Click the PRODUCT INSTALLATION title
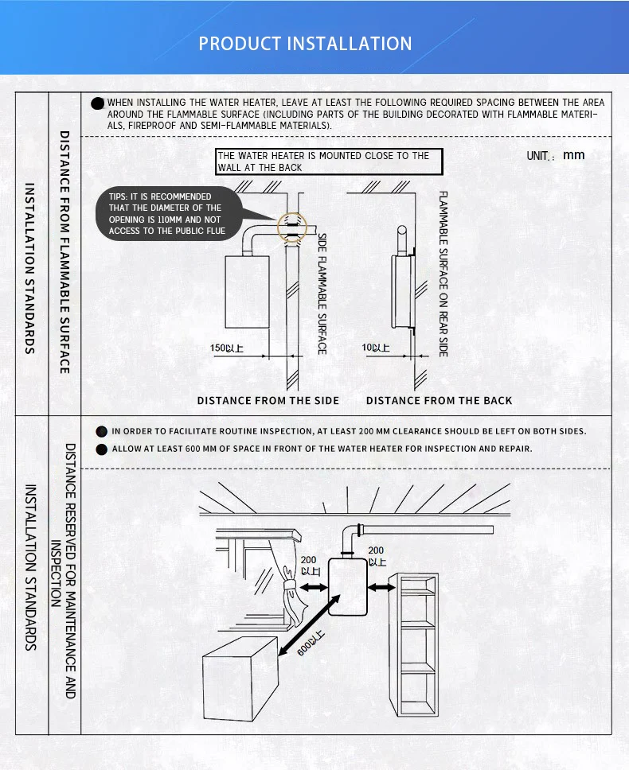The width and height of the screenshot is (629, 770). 306,43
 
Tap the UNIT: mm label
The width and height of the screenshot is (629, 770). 556,155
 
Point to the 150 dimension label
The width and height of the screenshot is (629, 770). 227,348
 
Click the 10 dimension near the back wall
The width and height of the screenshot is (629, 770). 376,348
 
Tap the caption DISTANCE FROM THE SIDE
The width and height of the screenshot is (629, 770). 268,400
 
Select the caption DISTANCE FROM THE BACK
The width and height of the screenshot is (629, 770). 440,400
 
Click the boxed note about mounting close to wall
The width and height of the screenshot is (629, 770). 323,161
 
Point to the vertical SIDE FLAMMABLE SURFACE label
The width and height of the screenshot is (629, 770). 322,294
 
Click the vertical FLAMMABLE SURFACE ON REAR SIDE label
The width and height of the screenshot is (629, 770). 443,274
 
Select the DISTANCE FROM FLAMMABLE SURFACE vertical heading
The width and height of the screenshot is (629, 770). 65,252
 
